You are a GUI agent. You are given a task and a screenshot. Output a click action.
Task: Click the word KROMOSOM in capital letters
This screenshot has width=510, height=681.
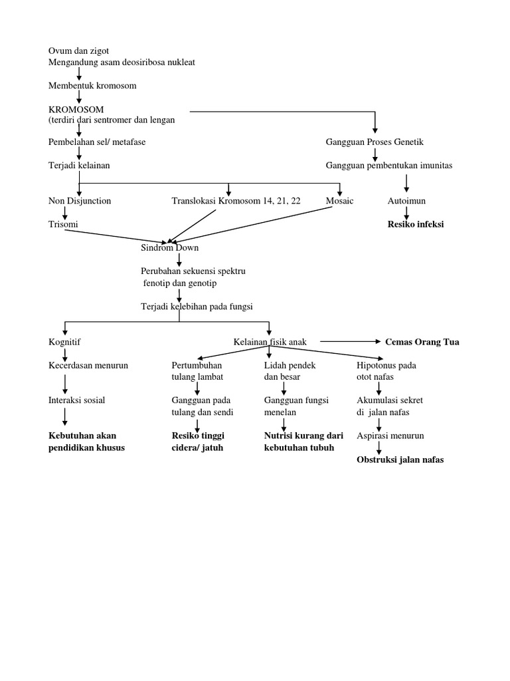tap(76, 109)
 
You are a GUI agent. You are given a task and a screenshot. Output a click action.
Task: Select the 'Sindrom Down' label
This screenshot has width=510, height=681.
tap(169, 247)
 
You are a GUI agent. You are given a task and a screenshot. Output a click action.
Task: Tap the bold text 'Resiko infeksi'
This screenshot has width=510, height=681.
tap(416, 224)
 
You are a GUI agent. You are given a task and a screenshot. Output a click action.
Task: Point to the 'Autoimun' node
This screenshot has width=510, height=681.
tap(406, 200)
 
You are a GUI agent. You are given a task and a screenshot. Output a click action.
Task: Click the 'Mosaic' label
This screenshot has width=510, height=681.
tap(339, 200)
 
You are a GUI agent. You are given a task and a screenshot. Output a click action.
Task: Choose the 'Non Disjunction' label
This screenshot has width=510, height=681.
tap(80, 200)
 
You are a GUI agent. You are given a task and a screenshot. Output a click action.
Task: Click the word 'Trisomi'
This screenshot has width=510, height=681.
tap(63, 224)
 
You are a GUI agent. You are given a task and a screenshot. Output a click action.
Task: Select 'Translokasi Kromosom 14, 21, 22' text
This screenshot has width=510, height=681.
tap(236, 200)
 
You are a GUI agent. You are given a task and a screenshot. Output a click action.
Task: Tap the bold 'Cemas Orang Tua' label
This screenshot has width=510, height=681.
tap(422, 342)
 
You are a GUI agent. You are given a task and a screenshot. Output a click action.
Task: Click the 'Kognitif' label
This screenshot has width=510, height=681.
tap(64, 342)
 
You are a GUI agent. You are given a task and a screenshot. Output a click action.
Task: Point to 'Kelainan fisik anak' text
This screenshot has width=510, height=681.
tap(270, 342)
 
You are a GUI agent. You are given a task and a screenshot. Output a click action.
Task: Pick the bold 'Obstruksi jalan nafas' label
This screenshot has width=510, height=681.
tap(400, 460)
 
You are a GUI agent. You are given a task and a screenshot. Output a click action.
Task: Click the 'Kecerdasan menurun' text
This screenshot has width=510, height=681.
tap(88, 365)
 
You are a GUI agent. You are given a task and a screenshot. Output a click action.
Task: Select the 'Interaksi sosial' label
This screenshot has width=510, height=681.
tap(76, 400)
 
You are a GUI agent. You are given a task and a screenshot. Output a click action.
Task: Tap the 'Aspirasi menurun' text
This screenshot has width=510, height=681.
tap(390, 436)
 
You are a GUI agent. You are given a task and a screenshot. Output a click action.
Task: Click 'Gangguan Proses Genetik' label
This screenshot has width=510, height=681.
tap(375, 142)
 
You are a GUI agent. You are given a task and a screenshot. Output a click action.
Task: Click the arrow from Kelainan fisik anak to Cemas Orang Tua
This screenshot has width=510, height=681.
tap(347, 342)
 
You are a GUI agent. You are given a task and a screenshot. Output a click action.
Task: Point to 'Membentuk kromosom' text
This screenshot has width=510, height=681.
tap(92, 86)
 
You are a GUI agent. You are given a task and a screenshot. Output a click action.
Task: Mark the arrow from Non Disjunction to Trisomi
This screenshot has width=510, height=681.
tap(66, 212)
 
